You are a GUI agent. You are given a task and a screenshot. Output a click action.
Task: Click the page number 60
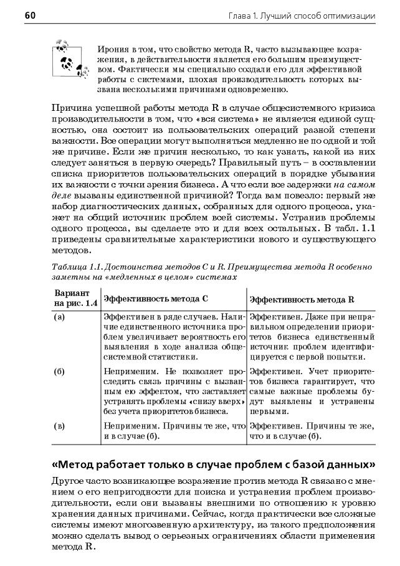coord(31,14)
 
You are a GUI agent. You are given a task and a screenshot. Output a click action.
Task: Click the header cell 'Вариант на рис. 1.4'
coord(75,298)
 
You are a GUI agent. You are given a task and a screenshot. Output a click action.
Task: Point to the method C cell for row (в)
coord(173,432)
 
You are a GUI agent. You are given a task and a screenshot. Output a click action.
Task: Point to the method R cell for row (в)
coord(310,432)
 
